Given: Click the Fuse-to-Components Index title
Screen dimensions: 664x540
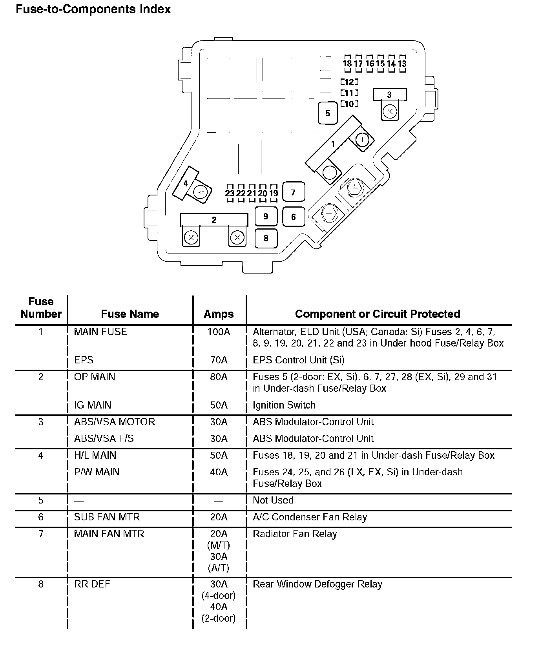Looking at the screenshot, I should point(93,9).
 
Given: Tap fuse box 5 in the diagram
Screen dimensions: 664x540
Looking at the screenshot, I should point(328,113).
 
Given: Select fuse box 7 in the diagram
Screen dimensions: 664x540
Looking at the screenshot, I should point(293,192).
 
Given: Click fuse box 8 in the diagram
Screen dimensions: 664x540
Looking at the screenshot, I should point(266,238).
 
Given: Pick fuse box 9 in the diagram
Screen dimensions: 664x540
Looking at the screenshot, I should point(266,216).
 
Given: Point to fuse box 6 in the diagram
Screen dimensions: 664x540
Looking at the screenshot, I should point(293,217).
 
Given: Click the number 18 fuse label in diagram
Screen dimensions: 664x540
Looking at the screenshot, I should point(347,64).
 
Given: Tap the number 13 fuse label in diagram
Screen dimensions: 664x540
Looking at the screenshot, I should point(402,64).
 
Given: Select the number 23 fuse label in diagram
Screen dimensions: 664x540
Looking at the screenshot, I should point(230,193).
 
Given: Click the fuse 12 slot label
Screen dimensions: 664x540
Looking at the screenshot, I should point(349,82).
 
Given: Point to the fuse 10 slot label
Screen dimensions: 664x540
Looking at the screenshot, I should point(349,104).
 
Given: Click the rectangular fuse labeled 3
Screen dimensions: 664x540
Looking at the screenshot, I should point(389,95).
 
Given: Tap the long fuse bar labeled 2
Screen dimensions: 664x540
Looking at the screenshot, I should point(214,220).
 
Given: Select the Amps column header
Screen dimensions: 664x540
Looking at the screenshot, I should point(219,314).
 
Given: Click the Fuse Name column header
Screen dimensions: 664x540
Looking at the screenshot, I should point(130,314).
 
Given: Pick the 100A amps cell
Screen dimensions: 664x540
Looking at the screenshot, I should point(219,332).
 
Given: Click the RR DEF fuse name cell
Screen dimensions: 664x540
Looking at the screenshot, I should point(92,584).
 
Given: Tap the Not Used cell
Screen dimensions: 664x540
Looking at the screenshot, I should point(273,500).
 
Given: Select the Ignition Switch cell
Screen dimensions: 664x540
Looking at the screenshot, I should point(284,405).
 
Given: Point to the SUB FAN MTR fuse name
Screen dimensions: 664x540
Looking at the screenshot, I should point(107,517).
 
